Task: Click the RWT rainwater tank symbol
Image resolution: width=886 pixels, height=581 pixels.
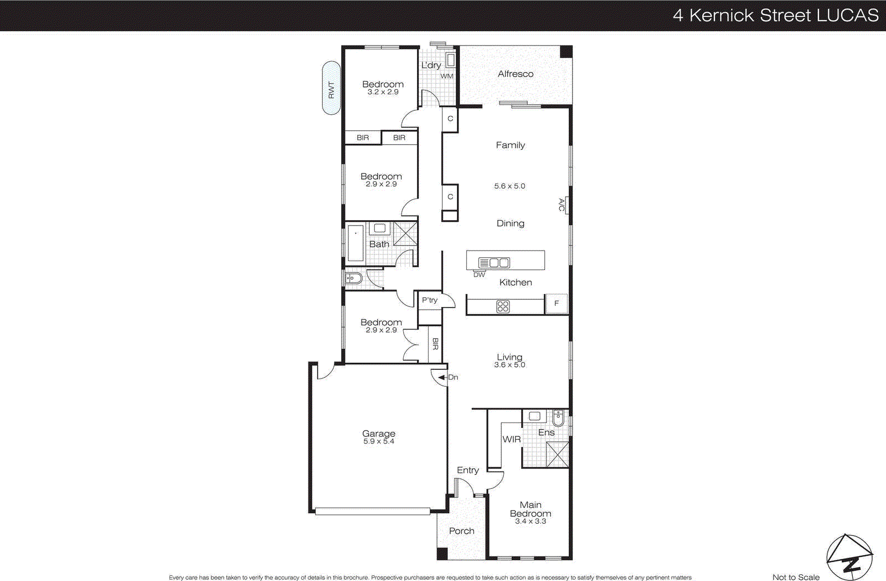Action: click(x=331, y=88)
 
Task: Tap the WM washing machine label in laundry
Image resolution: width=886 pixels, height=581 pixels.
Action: click(x=447, y=76)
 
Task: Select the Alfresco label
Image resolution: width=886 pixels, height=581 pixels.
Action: click(x=515, y=74)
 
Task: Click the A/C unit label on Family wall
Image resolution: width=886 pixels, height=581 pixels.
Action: click(x=562, y=205)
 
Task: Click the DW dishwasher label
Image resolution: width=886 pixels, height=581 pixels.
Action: click(x=479, y=275)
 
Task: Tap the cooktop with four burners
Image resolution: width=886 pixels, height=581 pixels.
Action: click(x=503, y=306)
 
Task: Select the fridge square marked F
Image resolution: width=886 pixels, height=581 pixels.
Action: click(x=557, y=303)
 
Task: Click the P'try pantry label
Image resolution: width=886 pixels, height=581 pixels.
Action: click(x=430, y=300)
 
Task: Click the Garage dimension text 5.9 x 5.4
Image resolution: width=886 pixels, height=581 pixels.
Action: click(x=379, y=441)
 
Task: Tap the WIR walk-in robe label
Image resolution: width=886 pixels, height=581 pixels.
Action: click(x=511, y=439)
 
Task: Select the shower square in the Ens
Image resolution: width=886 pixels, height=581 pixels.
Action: click(x=557, y=454)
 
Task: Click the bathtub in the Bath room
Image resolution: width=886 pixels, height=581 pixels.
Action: click(x=355, y=243)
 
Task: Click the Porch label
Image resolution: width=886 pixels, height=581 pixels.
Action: click(x=461, y=531)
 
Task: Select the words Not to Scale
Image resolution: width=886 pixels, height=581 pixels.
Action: click(x=796, y=577)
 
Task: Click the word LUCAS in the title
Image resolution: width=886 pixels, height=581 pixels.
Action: click(x=847, y=15)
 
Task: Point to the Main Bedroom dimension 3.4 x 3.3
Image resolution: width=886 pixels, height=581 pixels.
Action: click(x=530, y=521)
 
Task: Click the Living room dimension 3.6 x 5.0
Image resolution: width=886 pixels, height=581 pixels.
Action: click(x=509, y=365)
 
